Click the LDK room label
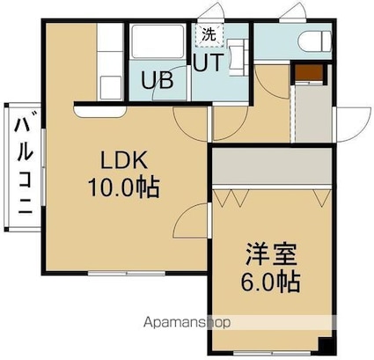124,160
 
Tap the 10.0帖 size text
124,187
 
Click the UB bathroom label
157,80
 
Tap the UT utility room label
209,62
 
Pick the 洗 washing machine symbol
209,35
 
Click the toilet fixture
315,41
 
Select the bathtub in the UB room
158,41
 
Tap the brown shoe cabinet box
309,72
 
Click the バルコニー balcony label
25,162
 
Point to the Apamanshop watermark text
187,323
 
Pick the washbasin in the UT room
238,58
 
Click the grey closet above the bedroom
272,166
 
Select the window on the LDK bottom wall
127,274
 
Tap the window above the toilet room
294,20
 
